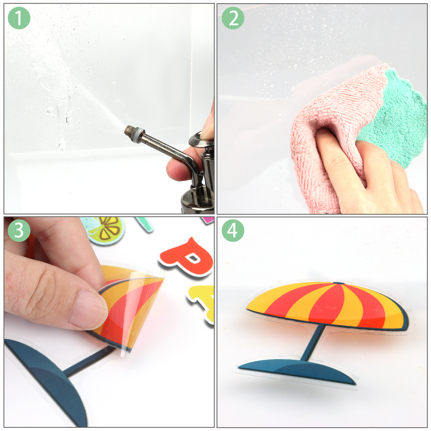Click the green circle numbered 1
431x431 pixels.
(19, 18)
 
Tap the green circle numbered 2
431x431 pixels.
(233, 18)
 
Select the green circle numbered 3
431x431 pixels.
(19, 231)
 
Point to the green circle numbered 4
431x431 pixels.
(233, 231)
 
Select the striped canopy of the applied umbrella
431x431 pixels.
(327, 304)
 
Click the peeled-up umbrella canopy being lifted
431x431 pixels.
(129, 304)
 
